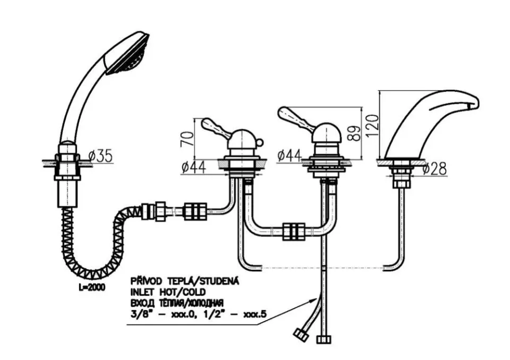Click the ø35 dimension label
pyautogui.click(x=101, y=156)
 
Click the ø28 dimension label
pyautogui.click(x=435, y=169)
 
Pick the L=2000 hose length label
pyautogui.click(x=92, y=288)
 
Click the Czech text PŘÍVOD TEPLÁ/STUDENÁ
pyautogui.click(x=185, y=281)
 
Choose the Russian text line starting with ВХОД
pyautogui.click(x=177, y=303)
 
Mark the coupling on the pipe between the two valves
pyautogui.click(x=294, y=231)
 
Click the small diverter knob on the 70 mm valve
pyautogui.click(x=259, y=142)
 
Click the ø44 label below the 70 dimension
pyautogui.click(x=194, y=168)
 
